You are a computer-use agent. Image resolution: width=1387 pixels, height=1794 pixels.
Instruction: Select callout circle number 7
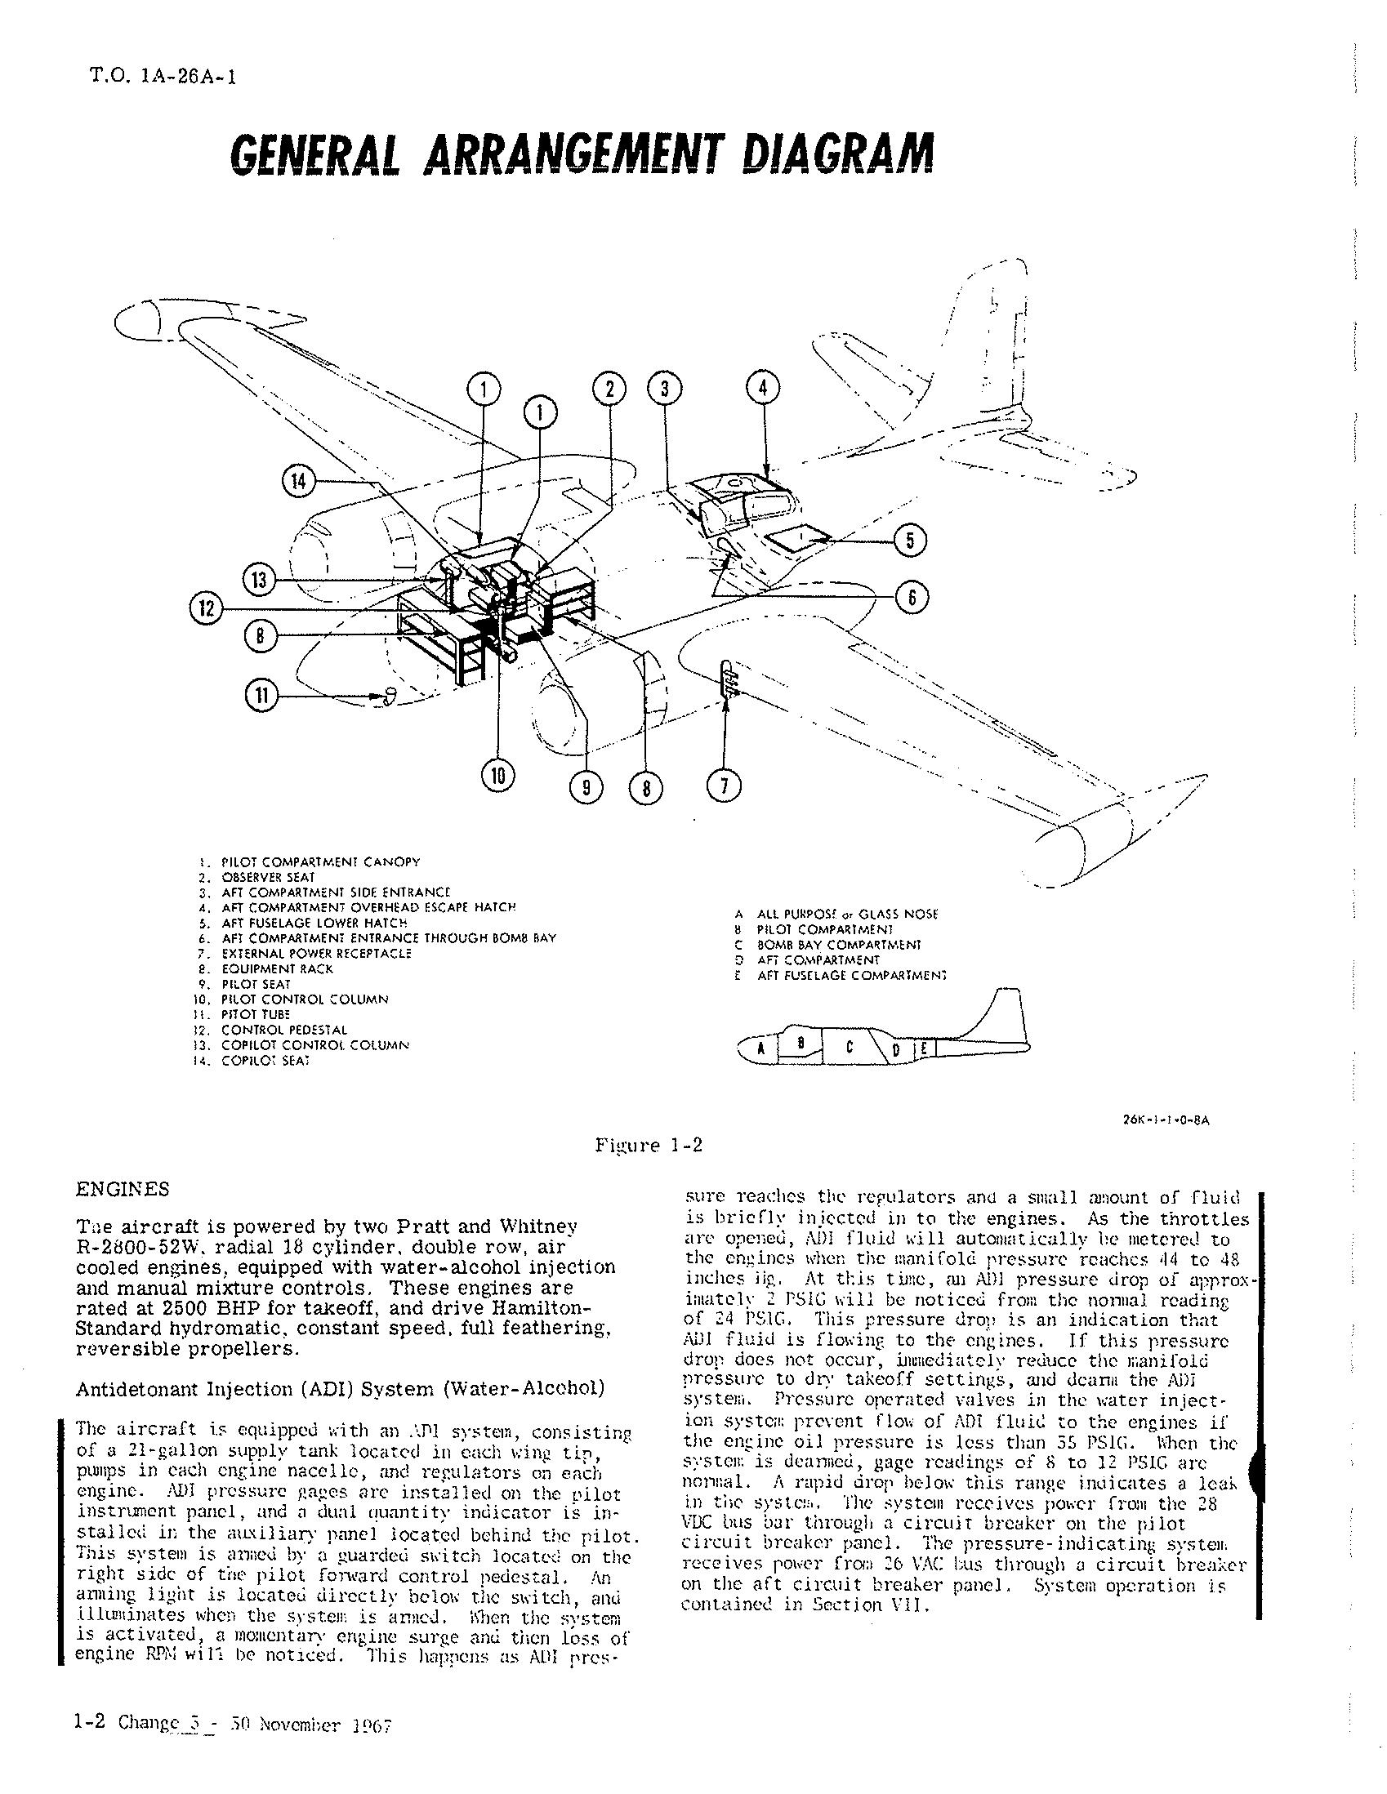click(724, 786)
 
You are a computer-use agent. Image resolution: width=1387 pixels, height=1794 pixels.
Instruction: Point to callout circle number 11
click(261, 696)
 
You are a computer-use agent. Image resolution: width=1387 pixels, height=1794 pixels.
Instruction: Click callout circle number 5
click(910, 541)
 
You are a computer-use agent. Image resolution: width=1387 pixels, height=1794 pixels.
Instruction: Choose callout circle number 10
click(498, 775)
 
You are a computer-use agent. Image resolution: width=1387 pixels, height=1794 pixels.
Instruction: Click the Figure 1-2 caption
click(649, 1145)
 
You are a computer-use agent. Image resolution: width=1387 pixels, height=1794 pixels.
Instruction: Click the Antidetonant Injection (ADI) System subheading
click(340, 1389)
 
